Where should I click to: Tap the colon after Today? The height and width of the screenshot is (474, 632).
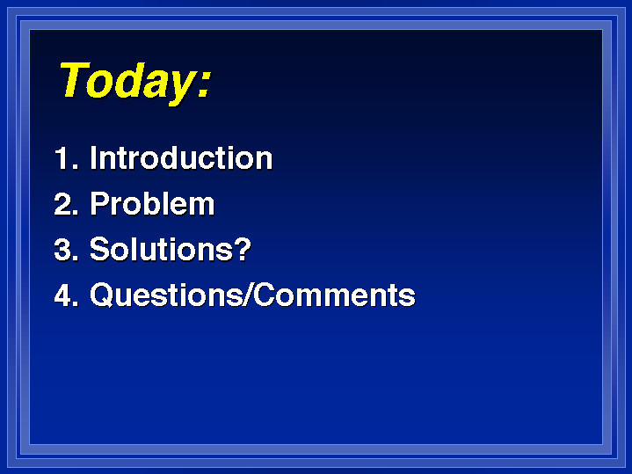(204, 83)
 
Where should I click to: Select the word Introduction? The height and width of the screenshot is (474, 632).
(181, 157)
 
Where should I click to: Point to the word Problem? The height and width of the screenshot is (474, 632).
(152, 203)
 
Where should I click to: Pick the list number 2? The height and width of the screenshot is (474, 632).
(66, 204)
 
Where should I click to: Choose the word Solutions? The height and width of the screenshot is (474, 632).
(161, 249)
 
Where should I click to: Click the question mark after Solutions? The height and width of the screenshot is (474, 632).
(243, 249)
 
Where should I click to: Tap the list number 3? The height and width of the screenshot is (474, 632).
(66, 249)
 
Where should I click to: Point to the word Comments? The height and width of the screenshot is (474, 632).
(335, 295)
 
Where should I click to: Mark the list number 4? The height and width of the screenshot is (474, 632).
(66, 295)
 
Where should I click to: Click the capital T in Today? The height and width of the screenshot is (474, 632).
(75, 79)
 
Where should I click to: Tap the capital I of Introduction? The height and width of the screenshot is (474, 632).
(93, 157)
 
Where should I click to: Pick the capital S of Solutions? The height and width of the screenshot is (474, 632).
(99, 249)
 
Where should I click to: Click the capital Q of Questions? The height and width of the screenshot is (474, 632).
(101, 295)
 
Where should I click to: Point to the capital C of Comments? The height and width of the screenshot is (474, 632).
(265, 295)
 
